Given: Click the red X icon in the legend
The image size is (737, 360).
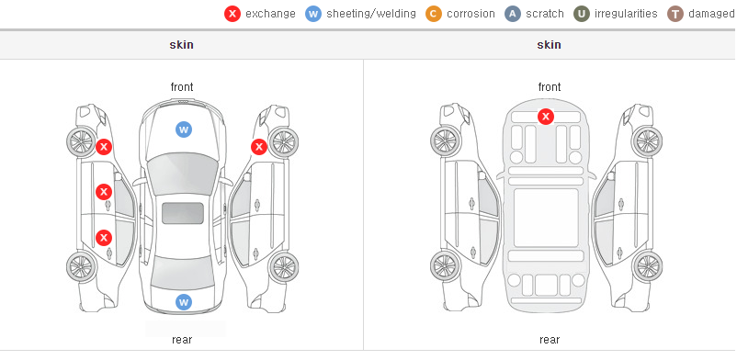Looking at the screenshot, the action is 232,14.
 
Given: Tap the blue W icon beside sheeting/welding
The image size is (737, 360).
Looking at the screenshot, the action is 313,14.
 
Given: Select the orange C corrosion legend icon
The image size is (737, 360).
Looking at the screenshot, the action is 434,14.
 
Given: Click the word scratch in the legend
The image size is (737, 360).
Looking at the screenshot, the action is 545,14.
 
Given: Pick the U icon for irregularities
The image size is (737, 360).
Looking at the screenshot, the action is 582,14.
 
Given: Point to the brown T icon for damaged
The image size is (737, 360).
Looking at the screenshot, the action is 675,14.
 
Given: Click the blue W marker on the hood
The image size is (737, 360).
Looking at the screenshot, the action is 184,129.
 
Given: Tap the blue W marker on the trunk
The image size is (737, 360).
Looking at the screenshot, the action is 184,302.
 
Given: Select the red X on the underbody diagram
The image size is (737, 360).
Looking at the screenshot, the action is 546,116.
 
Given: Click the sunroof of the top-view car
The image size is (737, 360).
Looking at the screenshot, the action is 183,213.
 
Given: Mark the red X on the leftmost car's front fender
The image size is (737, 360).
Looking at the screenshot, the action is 104,147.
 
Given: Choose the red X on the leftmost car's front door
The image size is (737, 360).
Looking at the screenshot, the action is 104,192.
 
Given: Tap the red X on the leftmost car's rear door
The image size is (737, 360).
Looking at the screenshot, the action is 104,238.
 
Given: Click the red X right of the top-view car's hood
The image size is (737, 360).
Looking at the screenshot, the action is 259,147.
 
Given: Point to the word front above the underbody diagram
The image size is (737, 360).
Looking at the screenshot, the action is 550,87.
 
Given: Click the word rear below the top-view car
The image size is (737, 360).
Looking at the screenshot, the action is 182,340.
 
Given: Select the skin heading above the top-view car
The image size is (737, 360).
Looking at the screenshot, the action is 181,45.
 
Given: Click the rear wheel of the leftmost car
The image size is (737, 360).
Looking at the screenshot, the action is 82,266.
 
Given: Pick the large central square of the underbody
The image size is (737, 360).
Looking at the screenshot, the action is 546,218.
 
